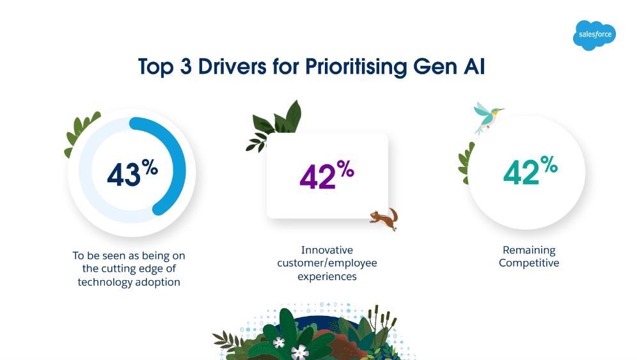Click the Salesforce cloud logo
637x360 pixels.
[x=594, y=35]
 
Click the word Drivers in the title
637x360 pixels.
[x=232, y=67]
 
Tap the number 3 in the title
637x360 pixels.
[x=185, y=67]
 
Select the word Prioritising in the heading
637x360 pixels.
[x=356, y=67]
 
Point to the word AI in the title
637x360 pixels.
[x=474, y=67]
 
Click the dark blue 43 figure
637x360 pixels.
[x=123, y=175]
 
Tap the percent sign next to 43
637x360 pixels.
[x=150, y=167]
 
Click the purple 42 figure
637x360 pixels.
[x=317, y=177]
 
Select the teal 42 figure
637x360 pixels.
[x=521, y=172]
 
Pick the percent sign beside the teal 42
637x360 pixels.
[x=549, y=164]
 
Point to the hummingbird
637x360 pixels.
[x=488, y=118]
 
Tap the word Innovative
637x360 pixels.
[x=327, y=250]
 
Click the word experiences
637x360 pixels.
[x=327, y=277]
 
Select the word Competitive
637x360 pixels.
[x=529, y=263]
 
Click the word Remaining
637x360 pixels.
[x=529, y=251]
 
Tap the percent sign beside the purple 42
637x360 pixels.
[x=345, y=169]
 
